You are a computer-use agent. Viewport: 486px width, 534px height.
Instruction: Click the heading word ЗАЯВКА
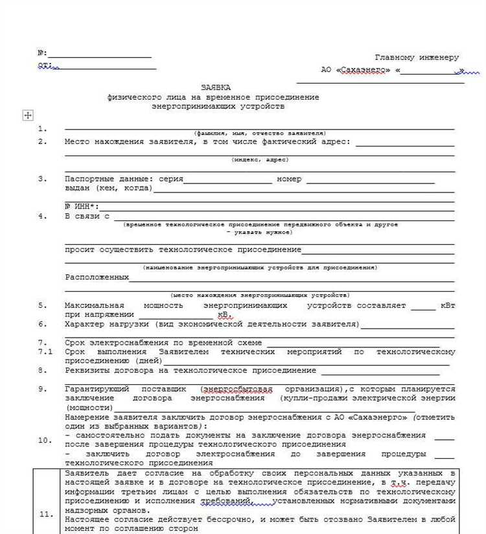tap(215, 87)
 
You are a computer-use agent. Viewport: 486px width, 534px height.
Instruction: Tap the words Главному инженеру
tap(417, 58)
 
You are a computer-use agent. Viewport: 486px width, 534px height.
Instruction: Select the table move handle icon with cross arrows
tap(28, 115)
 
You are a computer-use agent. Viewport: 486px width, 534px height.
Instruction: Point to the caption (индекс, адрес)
tap(260, 159)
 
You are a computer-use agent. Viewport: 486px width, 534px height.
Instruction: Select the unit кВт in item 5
tap(448, 305)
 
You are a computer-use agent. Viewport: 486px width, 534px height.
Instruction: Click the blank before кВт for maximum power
tap(424, 307)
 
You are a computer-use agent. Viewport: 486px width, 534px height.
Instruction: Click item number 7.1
tap(44, 351)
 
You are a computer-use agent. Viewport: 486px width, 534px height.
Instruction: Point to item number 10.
tap(45, 440)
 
